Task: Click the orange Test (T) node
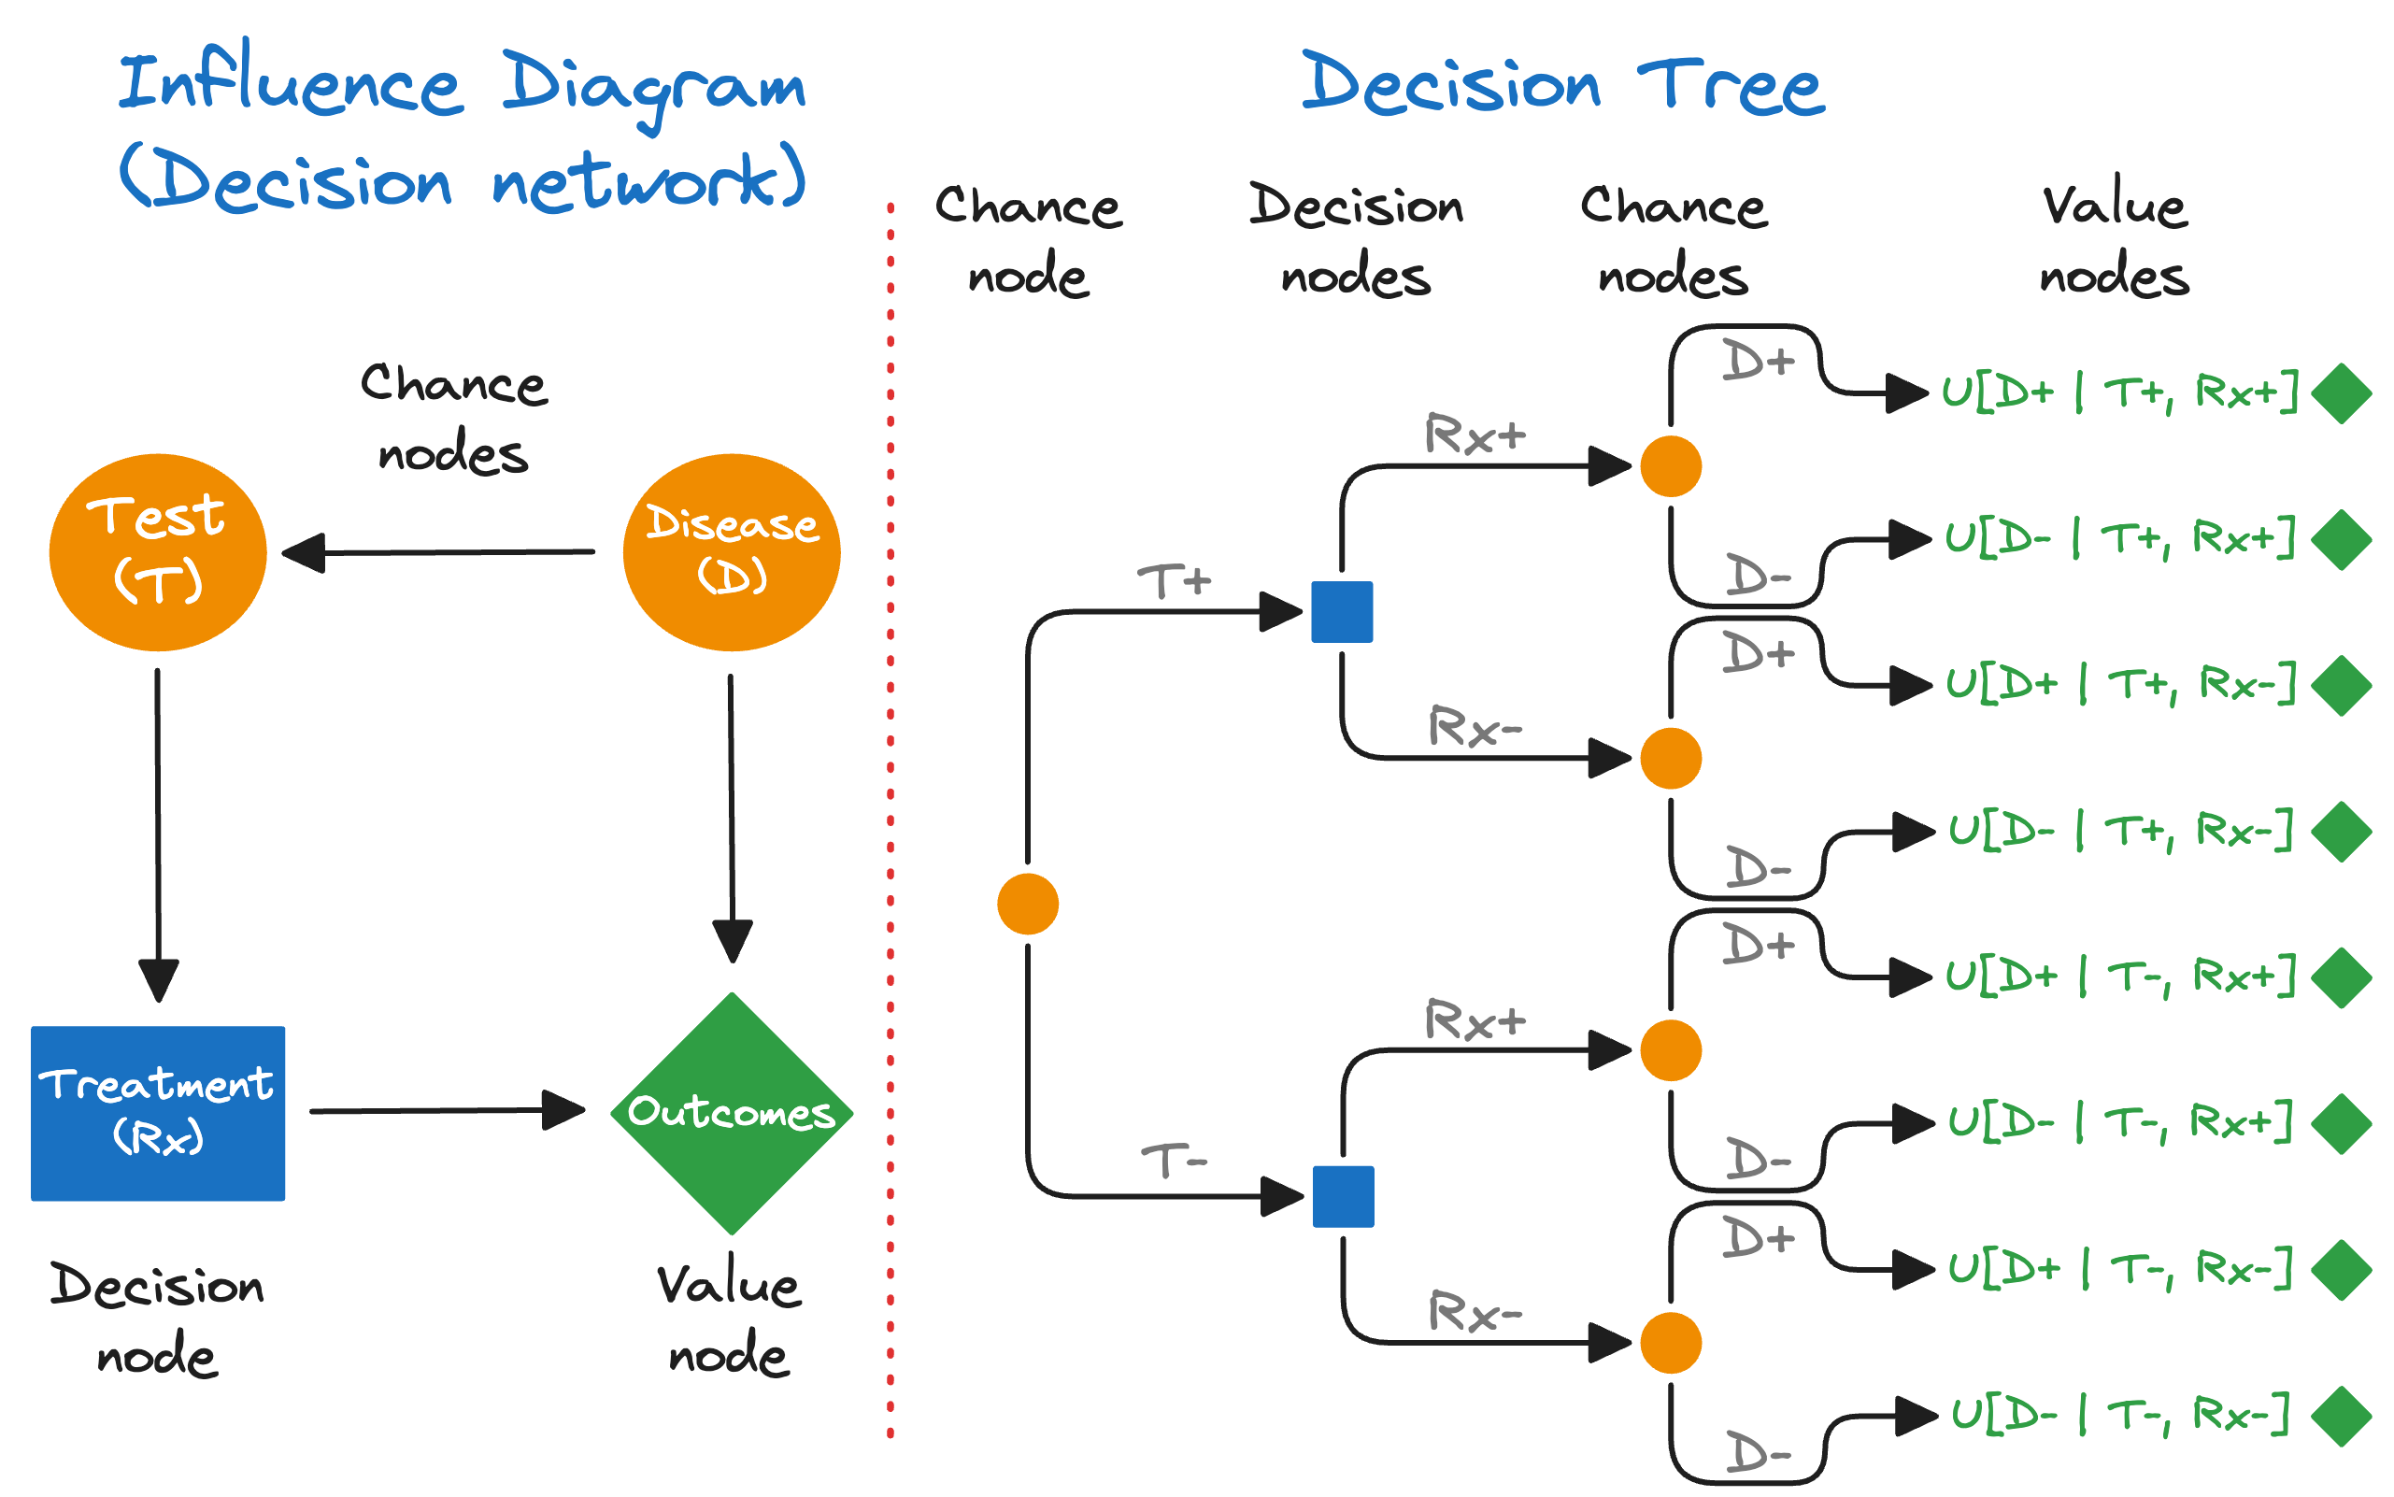157,551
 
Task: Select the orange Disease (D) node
731,551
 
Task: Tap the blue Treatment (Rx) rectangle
157,1113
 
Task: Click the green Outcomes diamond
731,1113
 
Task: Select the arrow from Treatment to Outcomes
446,1110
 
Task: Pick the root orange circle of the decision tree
1028,903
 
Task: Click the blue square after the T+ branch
1342,611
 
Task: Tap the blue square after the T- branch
1343,1196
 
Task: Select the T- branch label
1174,1161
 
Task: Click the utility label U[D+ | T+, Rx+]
2118,392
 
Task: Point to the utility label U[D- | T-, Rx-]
2118,1413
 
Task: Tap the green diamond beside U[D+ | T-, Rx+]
2341,977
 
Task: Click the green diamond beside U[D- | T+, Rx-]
2341,831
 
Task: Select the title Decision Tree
1562,84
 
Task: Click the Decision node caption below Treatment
157,1319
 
